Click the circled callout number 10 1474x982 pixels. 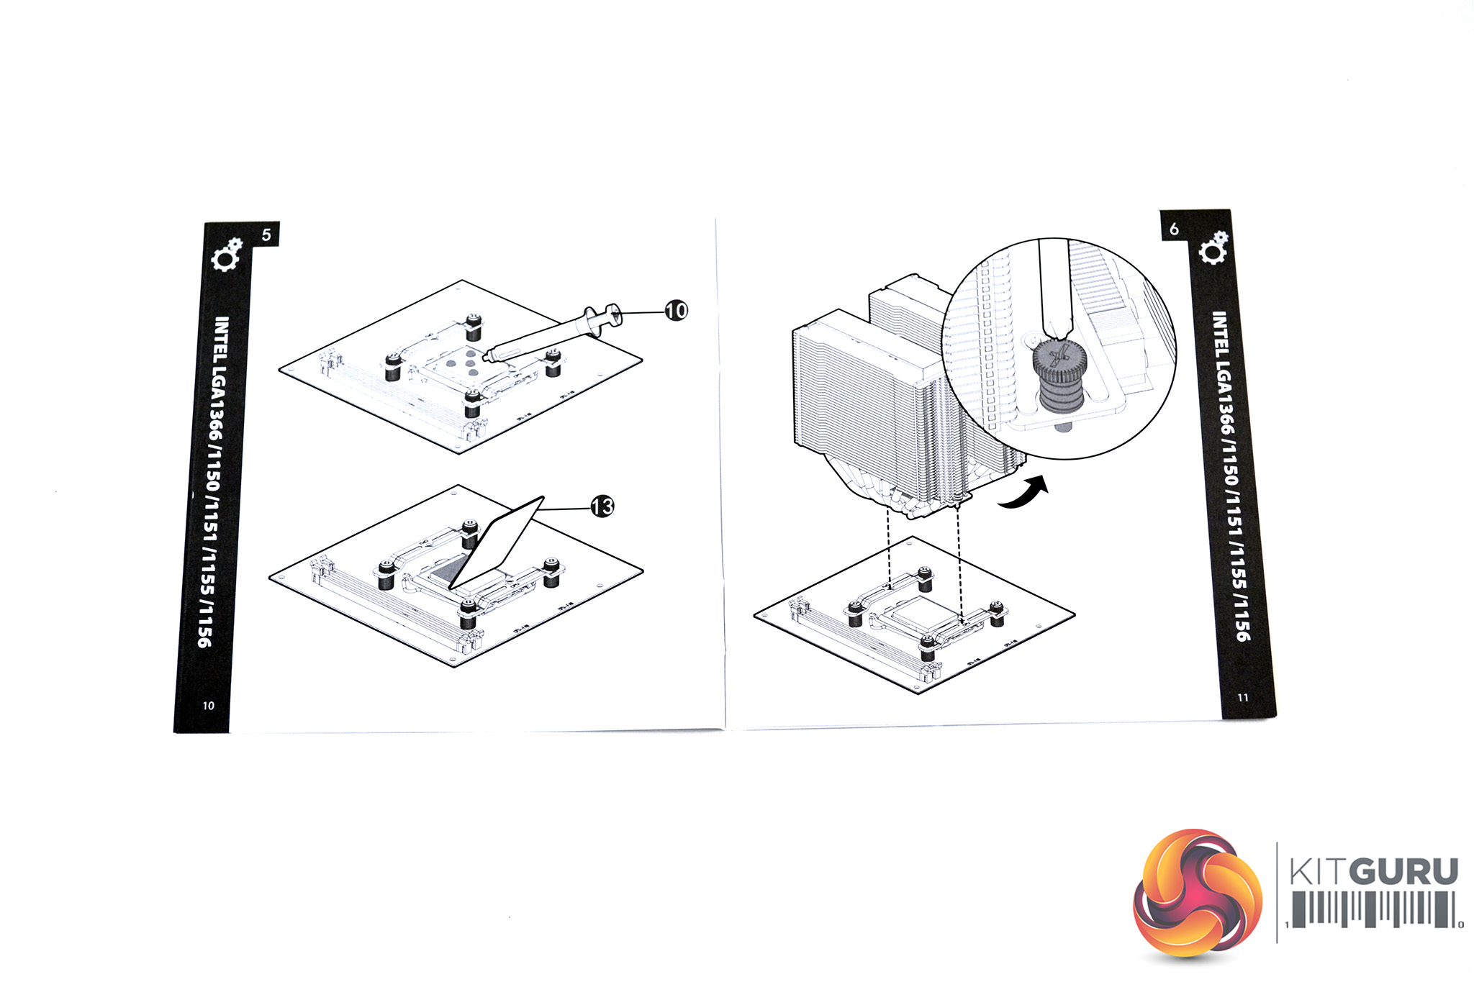(x=676, y=311)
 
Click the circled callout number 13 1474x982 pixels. (x=602, y=506)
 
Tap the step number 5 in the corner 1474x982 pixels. (x=266, y=235)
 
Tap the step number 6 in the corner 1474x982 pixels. (x=1174, y=229)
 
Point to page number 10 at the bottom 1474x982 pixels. (x=208, y=706)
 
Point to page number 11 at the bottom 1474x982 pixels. (x=1243, y=697)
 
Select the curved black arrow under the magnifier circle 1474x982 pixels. (x=1025, y=494)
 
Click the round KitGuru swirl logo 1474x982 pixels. (x=1198, y=894)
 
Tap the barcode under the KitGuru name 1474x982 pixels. (x=1374, y=909)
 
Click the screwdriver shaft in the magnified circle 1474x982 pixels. (x=1055, y=288)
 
